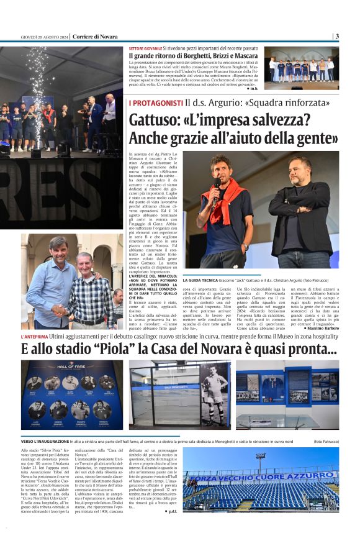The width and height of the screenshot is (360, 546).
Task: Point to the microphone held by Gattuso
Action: click(x=216, y=186)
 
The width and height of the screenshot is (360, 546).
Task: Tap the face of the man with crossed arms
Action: click(x=299, y=170)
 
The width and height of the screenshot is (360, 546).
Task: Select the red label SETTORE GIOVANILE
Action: click(x=145, y=48)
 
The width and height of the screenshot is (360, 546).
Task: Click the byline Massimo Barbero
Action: click(x=320, y=328)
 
